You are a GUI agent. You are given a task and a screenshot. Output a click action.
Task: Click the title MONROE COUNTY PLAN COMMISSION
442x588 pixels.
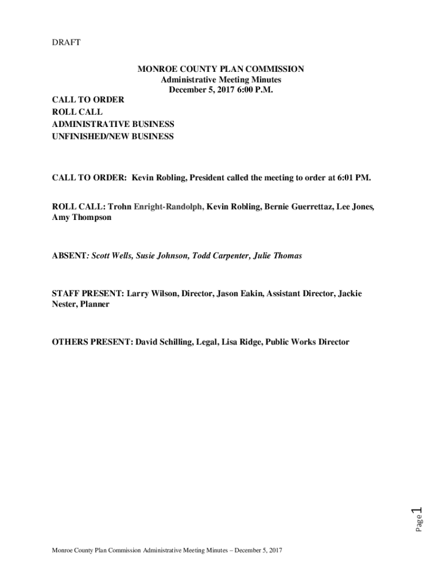tap(220, 69)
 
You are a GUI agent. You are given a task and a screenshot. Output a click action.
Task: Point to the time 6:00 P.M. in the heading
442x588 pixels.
tap(251, 90)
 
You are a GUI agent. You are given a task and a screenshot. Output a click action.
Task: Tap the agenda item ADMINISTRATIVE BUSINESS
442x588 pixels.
tap(113, 124)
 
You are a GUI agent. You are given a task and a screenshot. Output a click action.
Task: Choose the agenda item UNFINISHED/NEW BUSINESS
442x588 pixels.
tap(113, 137)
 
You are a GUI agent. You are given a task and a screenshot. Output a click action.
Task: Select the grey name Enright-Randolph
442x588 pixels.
tap(169, 206)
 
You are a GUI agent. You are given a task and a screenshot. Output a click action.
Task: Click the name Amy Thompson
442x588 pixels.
tap(82, 218)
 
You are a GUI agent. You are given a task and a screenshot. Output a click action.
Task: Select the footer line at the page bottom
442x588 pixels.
tap(166, 551)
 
